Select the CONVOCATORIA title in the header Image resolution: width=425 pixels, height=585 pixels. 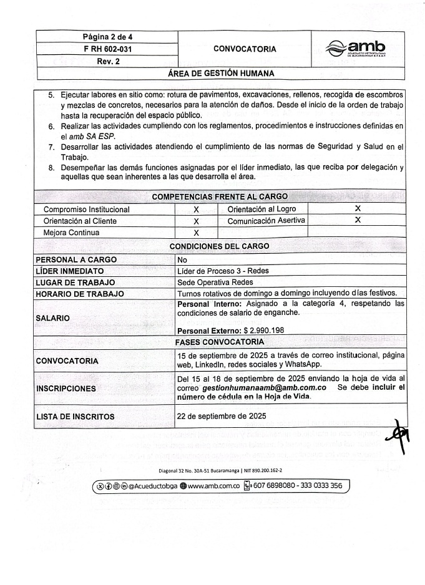245,49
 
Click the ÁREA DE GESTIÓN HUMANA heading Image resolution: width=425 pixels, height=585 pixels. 221,74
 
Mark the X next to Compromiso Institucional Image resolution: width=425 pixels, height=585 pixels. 196,210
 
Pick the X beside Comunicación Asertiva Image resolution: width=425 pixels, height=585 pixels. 358,220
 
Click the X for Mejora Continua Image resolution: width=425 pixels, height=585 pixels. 196,233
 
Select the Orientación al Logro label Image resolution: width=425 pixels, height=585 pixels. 261,210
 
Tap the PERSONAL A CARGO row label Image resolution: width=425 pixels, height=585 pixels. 76,259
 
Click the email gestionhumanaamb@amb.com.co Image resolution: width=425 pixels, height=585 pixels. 265,387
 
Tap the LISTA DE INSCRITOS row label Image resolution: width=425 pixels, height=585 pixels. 75,416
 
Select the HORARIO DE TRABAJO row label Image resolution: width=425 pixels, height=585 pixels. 80,294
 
